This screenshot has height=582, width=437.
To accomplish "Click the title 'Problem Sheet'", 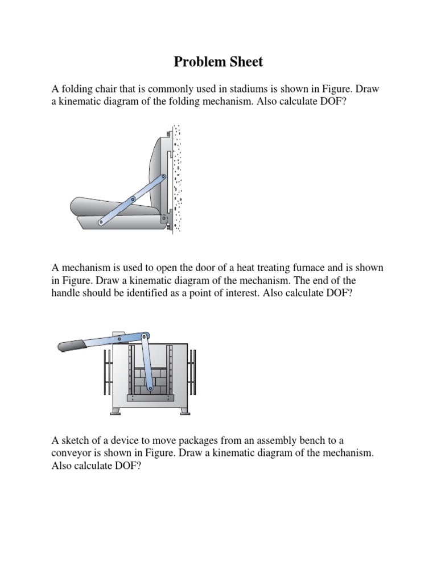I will (218, 62).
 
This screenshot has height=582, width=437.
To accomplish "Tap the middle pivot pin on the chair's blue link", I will (133, 199).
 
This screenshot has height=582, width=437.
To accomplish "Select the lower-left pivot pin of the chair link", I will (100, 222).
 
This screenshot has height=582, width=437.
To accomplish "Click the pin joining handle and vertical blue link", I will (146, 336).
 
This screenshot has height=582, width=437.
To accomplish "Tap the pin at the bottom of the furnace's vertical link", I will (150, 389).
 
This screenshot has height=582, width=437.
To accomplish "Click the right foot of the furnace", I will (182, 411).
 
